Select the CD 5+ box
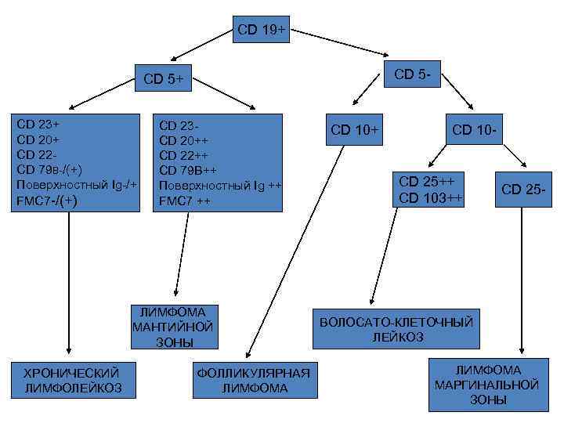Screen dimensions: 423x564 click(x=164, y=78)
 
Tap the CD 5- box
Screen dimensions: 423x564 click(x=416, y=75)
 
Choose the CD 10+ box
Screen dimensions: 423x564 click(x=354, y=129)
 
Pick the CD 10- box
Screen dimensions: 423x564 click(x=472, y=129)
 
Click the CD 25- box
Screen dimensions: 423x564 click(x=522, y=189)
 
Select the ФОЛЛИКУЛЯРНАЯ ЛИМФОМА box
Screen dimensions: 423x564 click(x=253, y=381)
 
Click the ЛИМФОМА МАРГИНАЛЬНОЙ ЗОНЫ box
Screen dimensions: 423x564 click(x=487, y=385)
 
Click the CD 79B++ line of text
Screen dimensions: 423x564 click(x=187, y=171)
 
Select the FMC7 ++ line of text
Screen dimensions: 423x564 click(x=184, y=201)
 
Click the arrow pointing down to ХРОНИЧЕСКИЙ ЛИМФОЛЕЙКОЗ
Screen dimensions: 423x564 click(x=69, y=282)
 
